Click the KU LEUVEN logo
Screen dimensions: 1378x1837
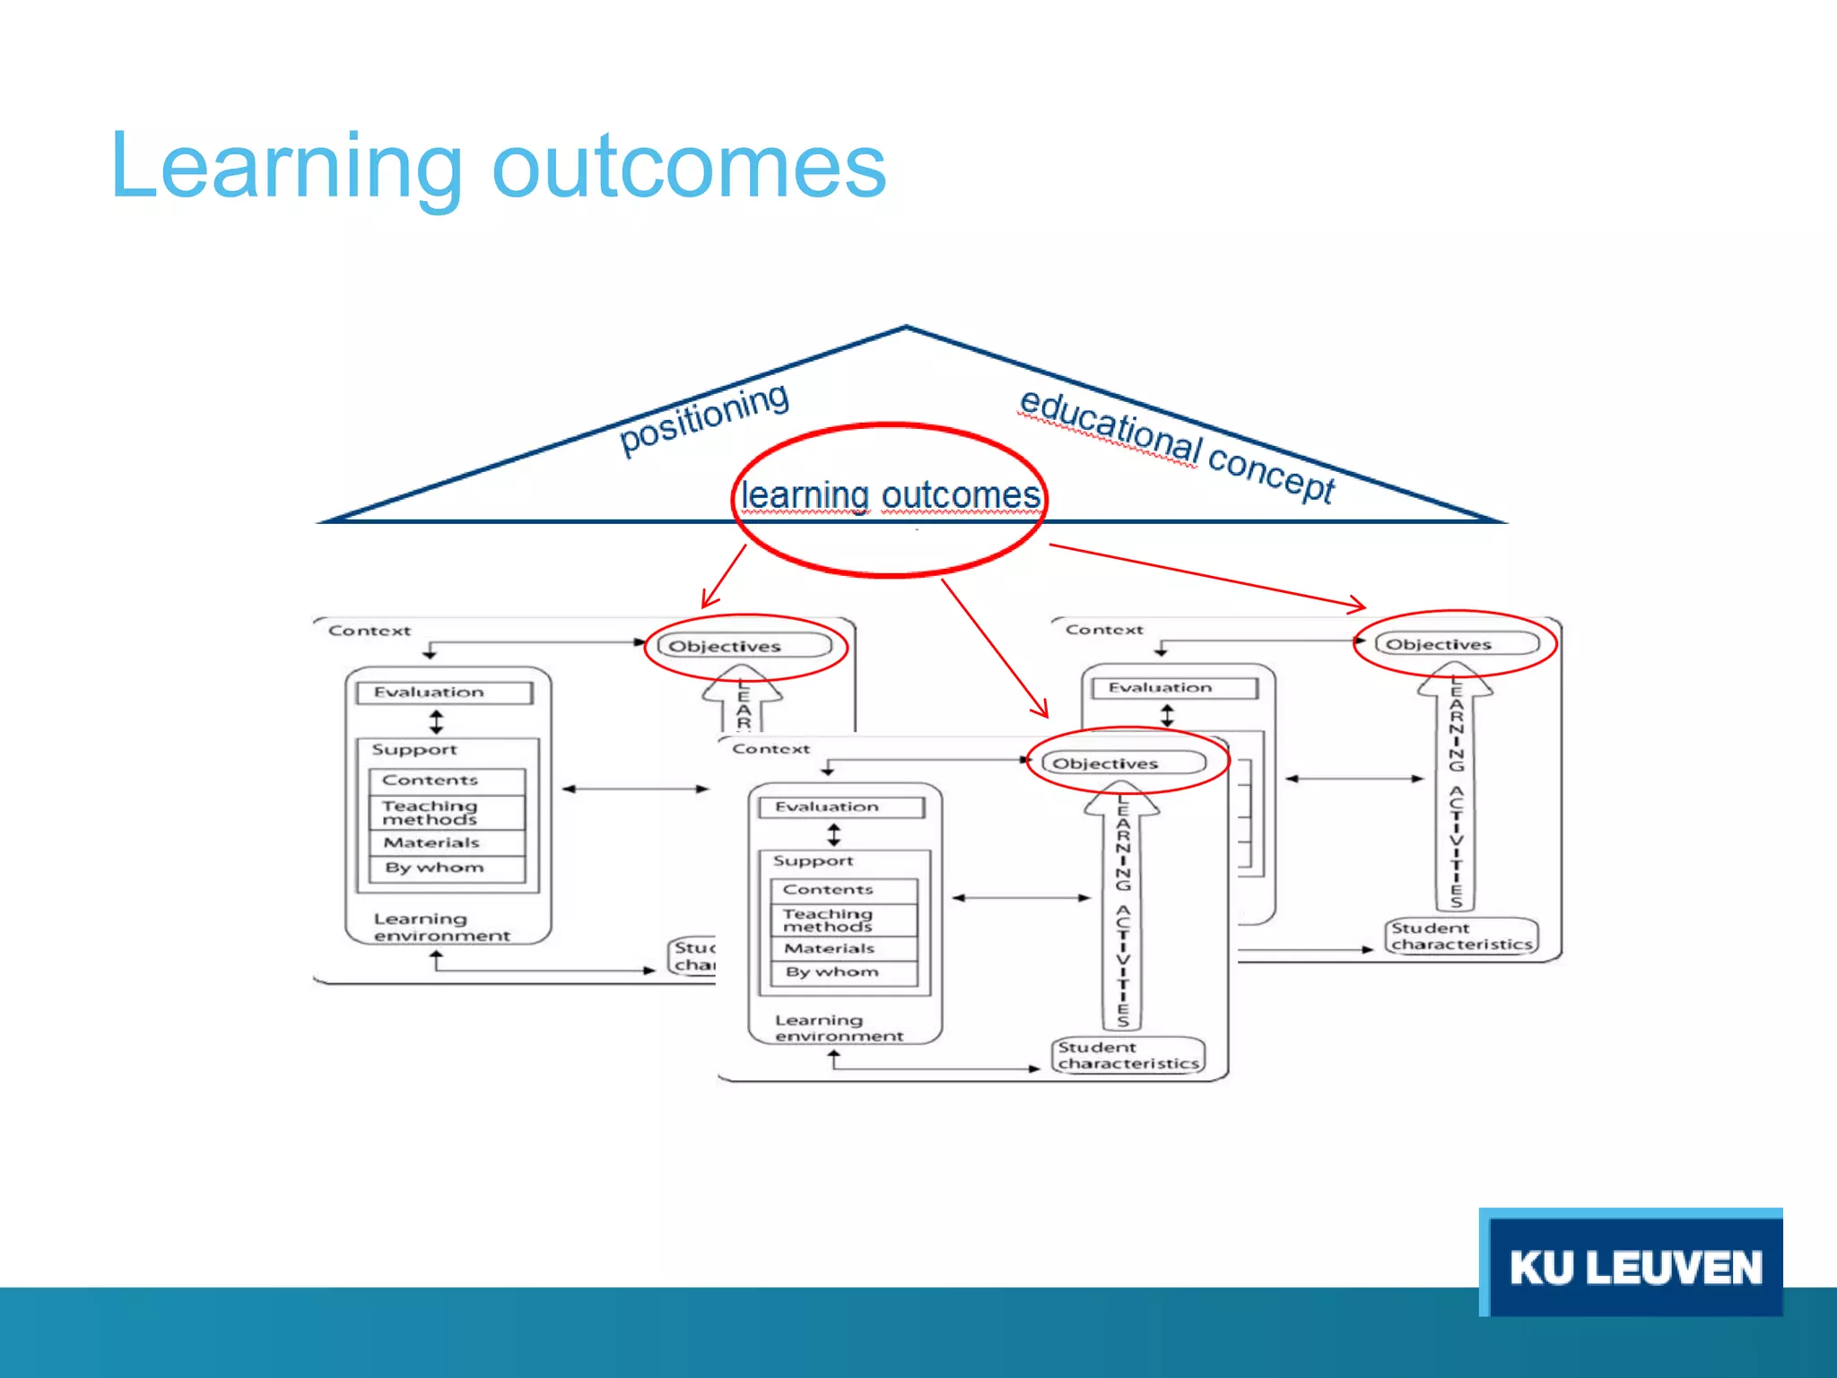pos(1632,1265)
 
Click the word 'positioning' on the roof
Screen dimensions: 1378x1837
pos(704,417)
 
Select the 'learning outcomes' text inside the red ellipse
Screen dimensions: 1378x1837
pos(890,496)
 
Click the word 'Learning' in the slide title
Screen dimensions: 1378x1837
pos(287,168)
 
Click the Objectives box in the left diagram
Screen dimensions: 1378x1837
pos(744,646)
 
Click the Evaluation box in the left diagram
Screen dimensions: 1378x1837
pos(444,693)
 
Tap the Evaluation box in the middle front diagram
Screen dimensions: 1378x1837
pos(840,807)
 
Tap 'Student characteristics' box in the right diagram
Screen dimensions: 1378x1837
pos(1461,937)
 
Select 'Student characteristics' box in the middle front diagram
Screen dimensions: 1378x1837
pos(1127,1056)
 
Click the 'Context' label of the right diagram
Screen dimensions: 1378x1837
pos(1104,630)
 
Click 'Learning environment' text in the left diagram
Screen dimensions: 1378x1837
pos(441,928)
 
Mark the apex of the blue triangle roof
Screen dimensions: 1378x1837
pos(906,327)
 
